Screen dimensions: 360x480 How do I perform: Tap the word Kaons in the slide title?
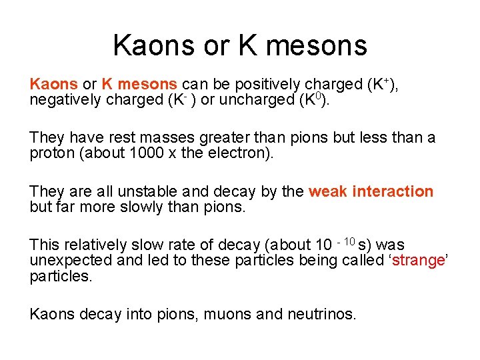152,45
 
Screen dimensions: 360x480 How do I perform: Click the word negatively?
63,101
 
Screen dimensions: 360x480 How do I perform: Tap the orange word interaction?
393,192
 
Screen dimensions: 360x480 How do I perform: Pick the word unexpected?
71,261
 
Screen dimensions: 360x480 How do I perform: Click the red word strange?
419,261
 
